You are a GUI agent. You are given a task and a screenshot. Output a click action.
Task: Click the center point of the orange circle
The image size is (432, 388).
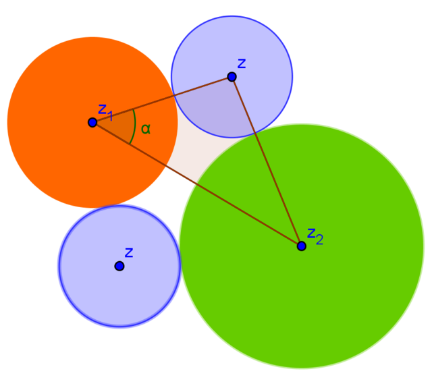pos(92,122)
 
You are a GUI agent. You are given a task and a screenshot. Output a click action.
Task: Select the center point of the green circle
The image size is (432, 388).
pos(301,246)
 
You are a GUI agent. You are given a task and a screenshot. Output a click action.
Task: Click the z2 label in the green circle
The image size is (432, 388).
pos(315,235)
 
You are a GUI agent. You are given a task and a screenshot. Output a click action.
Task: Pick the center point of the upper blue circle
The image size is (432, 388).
pos(232,77)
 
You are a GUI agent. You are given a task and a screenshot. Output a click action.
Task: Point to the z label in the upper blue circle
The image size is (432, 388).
pos(241,63)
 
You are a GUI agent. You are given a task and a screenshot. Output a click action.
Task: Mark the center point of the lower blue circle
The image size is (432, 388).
pos(119,266)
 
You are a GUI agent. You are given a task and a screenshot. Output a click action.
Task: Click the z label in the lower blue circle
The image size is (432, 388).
pos(128,253)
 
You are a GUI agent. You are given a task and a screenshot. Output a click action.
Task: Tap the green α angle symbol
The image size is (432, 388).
pos(145,129)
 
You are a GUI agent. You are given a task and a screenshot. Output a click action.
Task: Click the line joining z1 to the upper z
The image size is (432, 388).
pos(162,100)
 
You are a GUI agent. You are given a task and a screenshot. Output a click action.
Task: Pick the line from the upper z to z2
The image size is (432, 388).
pos(267,162)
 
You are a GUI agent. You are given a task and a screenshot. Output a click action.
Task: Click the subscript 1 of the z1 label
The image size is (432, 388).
pos(109,115)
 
